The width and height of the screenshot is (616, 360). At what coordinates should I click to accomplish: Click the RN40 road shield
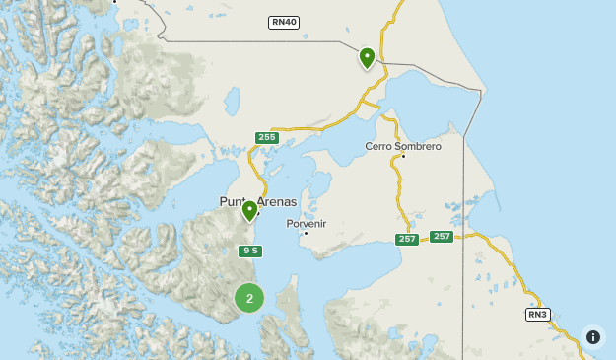tap(283, 22)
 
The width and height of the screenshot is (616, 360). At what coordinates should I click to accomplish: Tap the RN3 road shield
tap(536, 315)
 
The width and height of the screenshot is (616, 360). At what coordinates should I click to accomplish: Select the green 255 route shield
tap(266, 137)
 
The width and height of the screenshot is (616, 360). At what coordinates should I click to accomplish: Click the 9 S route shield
tap(250, 251)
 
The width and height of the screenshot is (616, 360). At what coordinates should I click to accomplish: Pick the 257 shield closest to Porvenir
tap(407, 240)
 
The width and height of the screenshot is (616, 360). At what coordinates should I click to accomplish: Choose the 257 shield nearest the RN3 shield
tap(441, 236)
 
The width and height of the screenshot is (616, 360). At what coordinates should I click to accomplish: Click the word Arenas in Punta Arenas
tap(277, 202)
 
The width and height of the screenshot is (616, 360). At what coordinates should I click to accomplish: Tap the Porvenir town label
tap(306, 223)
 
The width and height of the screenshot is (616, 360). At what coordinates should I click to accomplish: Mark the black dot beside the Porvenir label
tap(307, 233)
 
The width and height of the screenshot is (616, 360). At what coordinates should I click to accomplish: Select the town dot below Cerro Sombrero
tap(403, 156)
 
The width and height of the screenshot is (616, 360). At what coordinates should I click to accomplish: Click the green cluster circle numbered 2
tap(249, 298)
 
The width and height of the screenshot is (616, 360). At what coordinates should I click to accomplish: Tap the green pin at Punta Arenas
tap(250, 210)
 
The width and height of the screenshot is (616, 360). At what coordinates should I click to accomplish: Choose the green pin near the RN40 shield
tap(367, 57)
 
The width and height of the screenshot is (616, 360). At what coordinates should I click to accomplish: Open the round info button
tap(592, 337)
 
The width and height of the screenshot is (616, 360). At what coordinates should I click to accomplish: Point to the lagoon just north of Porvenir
tap(317, 186)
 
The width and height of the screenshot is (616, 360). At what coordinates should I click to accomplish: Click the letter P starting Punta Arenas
tap(224, 202)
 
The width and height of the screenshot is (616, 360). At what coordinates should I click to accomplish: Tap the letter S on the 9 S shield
tap(254, 251)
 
